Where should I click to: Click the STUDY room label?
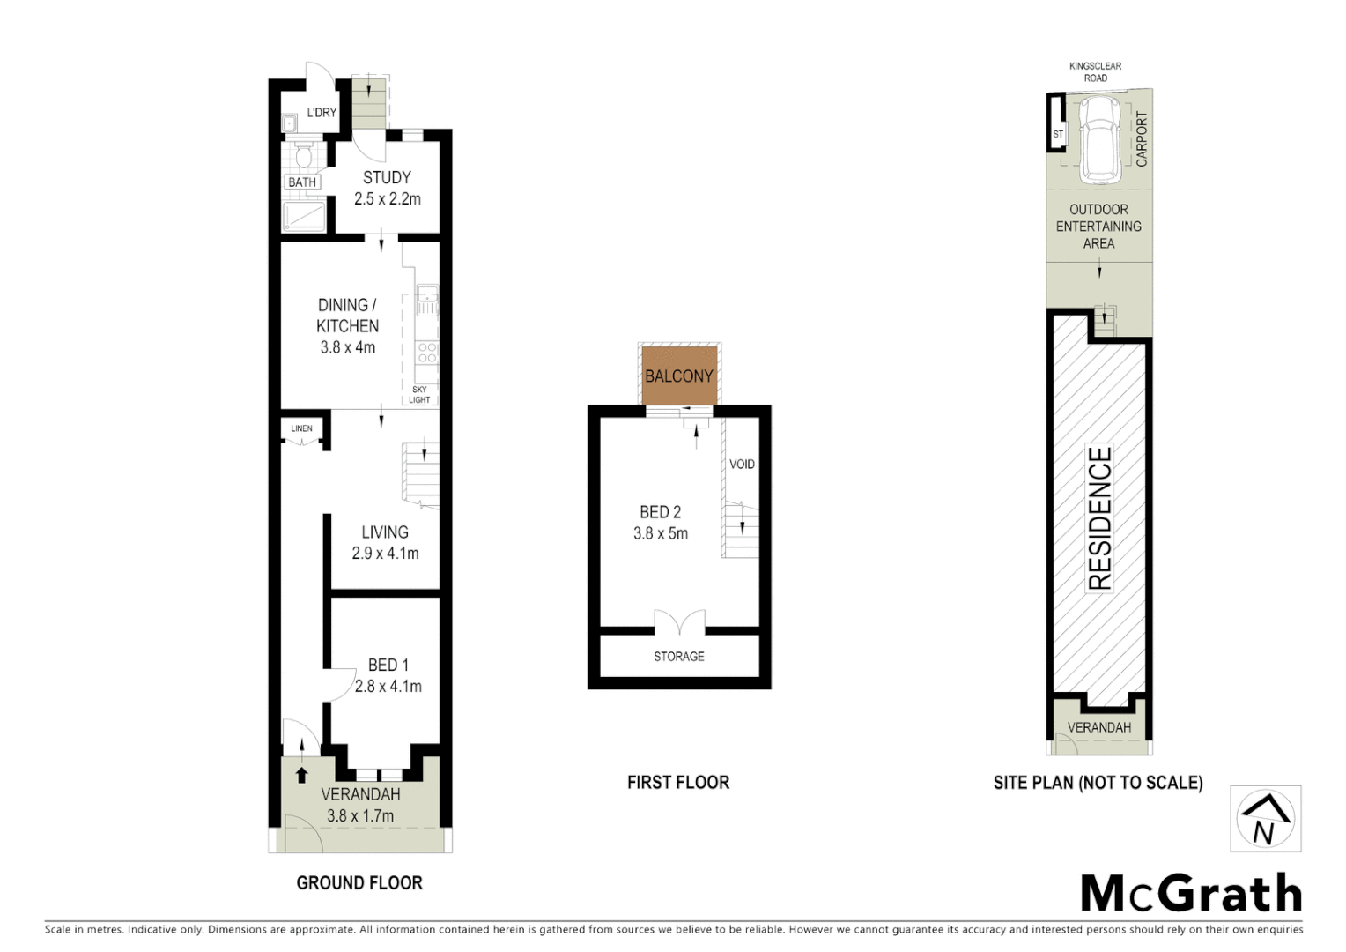387,177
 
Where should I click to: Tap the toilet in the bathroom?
303,157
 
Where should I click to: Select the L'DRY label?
322,113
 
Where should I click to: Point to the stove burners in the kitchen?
427,353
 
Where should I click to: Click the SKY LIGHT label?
419,395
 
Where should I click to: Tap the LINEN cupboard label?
301,428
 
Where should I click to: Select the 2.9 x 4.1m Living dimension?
385,554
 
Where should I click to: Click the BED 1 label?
388,665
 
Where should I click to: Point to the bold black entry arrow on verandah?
301,775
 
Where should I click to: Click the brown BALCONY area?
678,376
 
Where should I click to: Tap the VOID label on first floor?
742,464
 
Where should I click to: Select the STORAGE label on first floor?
678,656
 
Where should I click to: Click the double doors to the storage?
679,622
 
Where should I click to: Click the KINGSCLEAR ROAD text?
1095,72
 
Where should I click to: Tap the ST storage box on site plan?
1057,134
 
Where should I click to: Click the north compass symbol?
1265,819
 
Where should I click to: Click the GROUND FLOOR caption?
359,882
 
